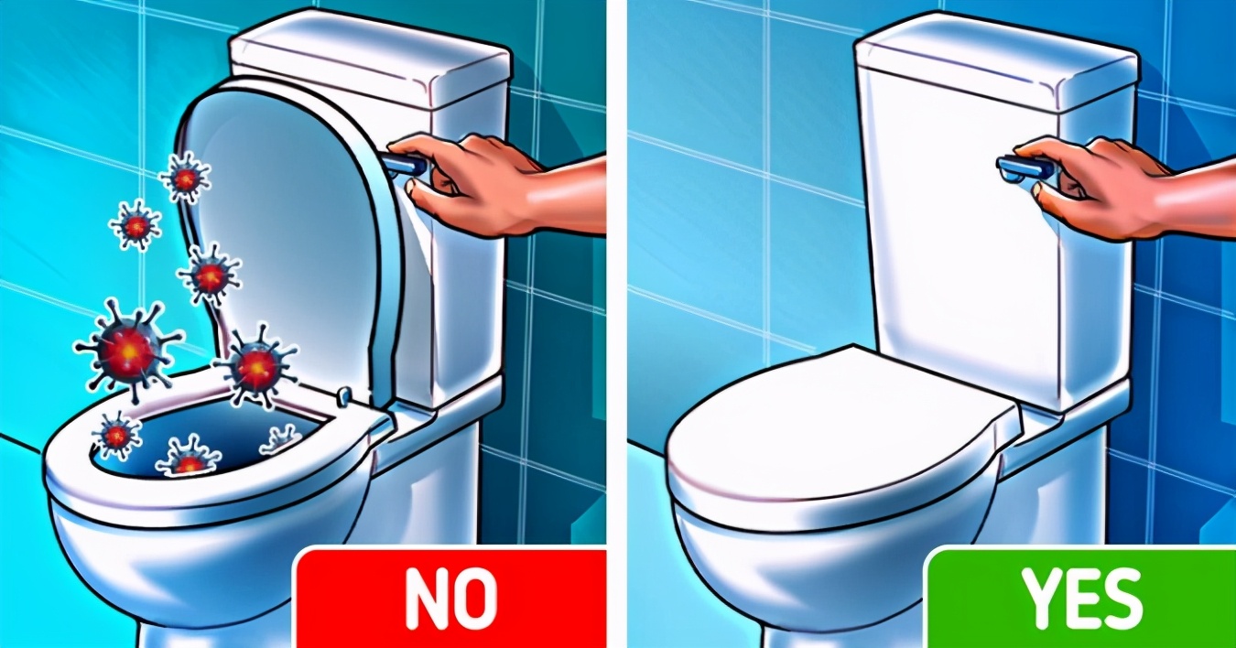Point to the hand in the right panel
point(1099,188)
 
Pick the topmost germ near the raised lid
point(184,177)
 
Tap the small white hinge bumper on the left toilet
point(345,395)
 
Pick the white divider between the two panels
point(616,324)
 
